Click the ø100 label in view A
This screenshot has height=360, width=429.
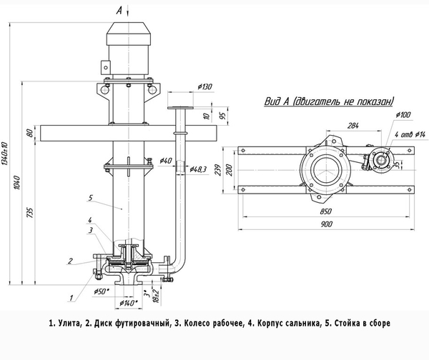(403, 114)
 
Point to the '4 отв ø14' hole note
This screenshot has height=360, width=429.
(410, 135)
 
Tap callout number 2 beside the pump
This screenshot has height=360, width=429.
(70, 260)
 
